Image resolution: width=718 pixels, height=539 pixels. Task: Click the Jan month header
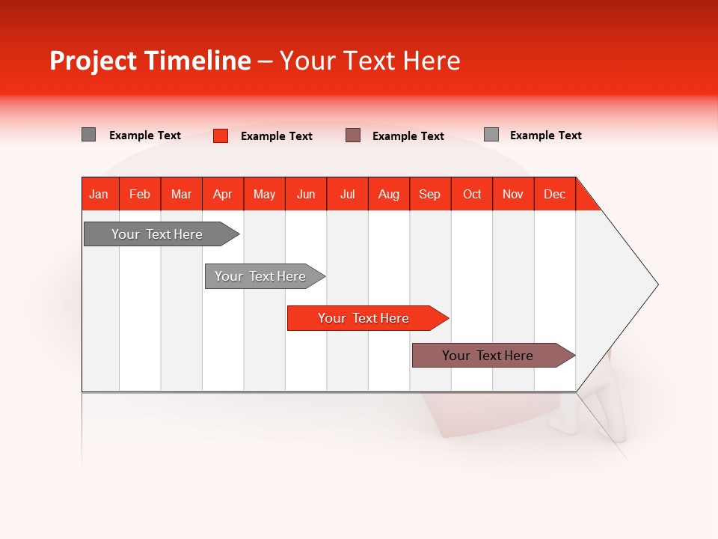click(99, 194)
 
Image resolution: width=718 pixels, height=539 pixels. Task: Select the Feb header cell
click(140, 194)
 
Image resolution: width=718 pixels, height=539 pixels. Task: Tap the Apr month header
click(222, 194)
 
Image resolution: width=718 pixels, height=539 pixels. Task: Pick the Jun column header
click(306, 194)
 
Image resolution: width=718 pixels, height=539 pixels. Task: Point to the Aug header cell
click(388, 194)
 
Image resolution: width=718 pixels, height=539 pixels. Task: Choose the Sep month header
click(429, 194)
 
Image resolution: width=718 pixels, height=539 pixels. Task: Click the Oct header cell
click(472, 194)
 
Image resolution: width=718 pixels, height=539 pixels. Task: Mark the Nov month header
click(513, 194)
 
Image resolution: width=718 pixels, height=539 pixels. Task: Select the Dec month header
click(554, 194)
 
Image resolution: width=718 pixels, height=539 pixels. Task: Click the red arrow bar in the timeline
click(363, 318)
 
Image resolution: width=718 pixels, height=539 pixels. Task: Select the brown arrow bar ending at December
click(488, 356)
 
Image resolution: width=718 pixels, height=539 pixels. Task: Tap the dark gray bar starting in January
click(157, 234)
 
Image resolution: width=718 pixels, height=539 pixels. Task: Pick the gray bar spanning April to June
click(260, 276)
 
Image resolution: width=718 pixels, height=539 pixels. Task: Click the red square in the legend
click(221, 135)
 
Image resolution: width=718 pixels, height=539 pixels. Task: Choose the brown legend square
click(353, 135)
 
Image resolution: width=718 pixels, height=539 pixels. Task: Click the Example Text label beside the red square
click(277, 136)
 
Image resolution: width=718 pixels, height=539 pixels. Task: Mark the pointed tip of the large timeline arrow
click(656, 284)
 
